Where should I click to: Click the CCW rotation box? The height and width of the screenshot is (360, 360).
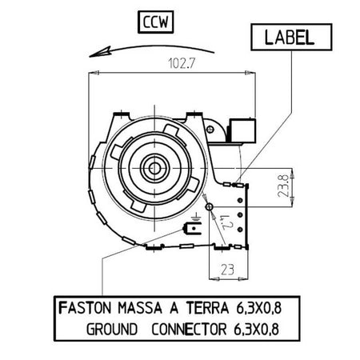point(156,22)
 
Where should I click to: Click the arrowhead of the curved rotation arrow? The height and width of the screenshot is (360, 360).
point(100,52)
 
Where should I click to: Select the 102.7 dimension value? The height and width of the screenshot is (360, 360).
point(182,63)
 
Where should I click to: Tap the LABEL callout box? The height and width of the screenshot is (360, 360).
point(291,37)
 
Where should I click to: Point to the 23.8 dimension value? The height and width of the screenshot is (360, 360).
point(283,186)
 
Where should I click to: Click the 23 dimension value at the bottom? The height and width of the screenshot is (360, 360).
point(227,270)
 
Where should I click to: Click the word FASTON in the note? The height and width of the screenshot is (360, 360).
point(85,308)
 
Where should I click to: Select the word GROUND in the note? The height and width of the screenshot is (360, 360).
point(112,330)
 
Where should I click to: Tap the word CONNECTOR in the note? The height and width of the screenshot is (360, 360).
point(189,330)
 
